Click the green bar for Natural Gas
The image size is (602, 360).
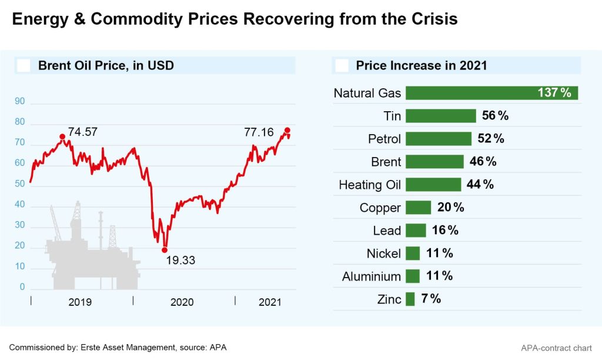coord(491,93)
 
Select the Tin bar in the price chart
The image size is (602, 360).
coord(440,116)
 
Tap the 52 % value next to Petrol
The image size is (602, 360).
coord(491,139)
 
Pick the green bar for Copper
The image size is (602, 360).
coord(419,208)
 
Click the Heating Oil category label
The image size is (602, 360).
coord(370,185)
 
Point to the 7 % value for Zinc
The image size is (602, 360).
coord(431,299)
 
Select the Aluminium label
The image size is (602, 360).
coord(372,276)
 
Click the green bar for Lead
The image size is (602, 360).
coord(416,231)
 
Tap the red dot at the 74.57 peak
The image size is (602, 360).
coord(62,137)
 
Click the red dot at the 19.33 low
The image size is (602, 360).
coord(165,250)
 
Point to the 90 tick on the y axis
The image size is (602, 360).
coord(20,102)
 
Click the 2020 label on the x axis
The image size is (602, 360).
coord(182,302)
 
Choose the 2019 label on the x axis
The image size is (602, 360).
coord(80,302)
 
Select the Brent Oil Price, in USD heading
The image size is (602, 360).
coord(106,65)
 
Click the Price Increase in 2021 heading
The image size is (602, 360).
coord(422,65)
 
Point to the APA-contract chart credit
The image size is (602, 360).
coord(556,348)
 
